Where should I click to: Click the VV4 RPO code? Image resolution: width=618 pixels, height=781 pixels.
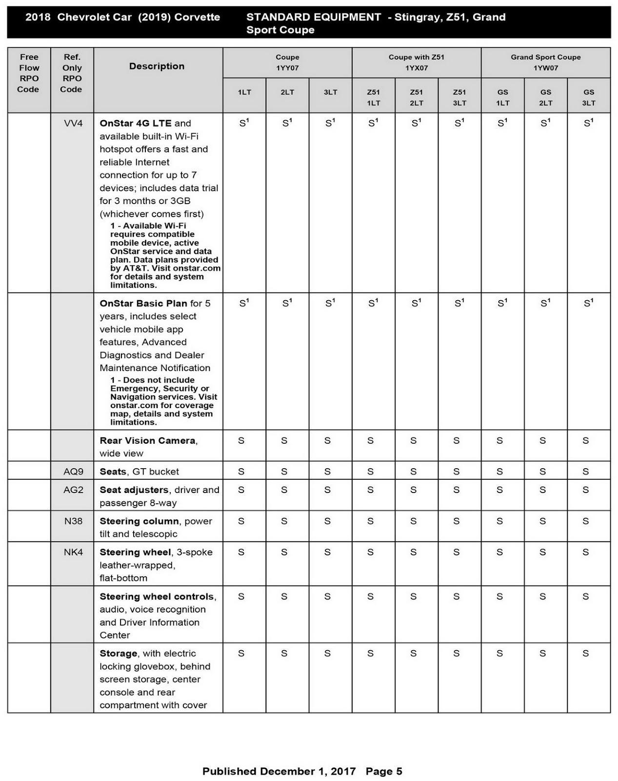73,123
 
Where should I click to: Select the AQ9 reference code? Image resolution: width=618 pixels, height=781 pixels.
73,472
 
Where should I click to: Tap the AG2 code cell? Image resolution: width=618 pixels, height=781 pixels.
73,490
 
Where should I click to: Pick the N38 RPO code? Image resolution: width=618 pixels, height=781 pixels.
73,521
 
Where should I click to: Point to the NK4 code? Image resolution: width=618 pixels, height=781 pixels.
73,552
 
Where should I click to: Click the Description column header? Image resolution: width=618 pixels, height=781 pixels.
157,66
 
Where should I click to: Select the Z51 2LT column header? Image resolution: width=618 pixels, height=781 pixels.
417,97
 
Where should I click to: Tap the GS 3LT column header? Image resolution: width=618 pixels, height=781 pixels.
589,97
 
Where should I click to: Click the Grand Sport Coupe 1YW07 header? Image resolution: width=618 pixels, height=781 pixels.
545,62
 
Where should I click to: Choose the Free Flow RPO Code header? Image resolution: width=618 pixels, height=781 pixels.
29,73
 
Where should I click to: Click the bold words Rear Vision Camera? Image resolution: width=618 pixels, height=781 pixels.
147,441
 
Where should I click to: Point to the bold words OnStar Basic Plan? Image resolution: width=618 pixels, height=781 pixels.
143,304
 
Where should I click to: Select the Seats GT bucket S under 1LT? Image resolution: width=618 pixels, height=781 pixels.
241,472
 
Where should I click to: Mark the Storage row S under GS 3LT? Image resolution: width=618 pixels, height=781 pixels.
586,654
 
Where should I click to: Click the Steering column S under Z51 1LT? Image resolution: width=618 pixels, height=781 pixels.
371,521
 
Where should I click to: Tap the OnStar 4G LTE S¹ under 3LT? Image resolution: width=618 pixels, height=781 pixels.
330,123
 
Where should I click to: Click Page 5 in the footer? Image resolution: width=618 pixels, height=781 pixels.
384,771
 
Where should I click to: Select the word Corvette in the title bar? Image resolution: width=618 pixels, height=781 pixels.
197,17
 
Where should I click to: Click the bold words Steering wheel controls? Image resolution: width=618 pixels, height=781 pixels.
157,596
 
